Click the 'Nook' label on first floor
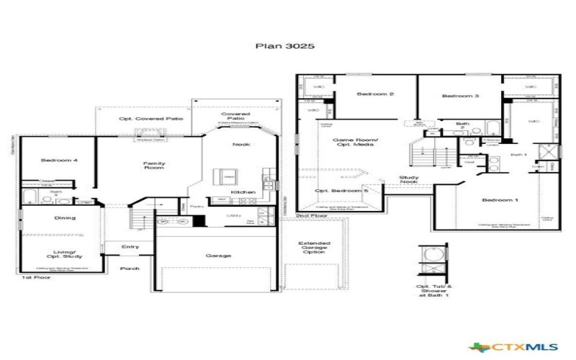(241, 145)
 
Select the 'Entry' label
(130, 247)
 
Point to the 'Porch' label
(130, 268)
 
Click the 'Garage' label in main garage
(217, 255)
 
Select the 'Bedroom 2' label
(376, 94)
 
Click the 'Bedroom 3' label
(461, 96)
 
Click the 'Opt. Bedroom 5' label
(342, 191)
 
